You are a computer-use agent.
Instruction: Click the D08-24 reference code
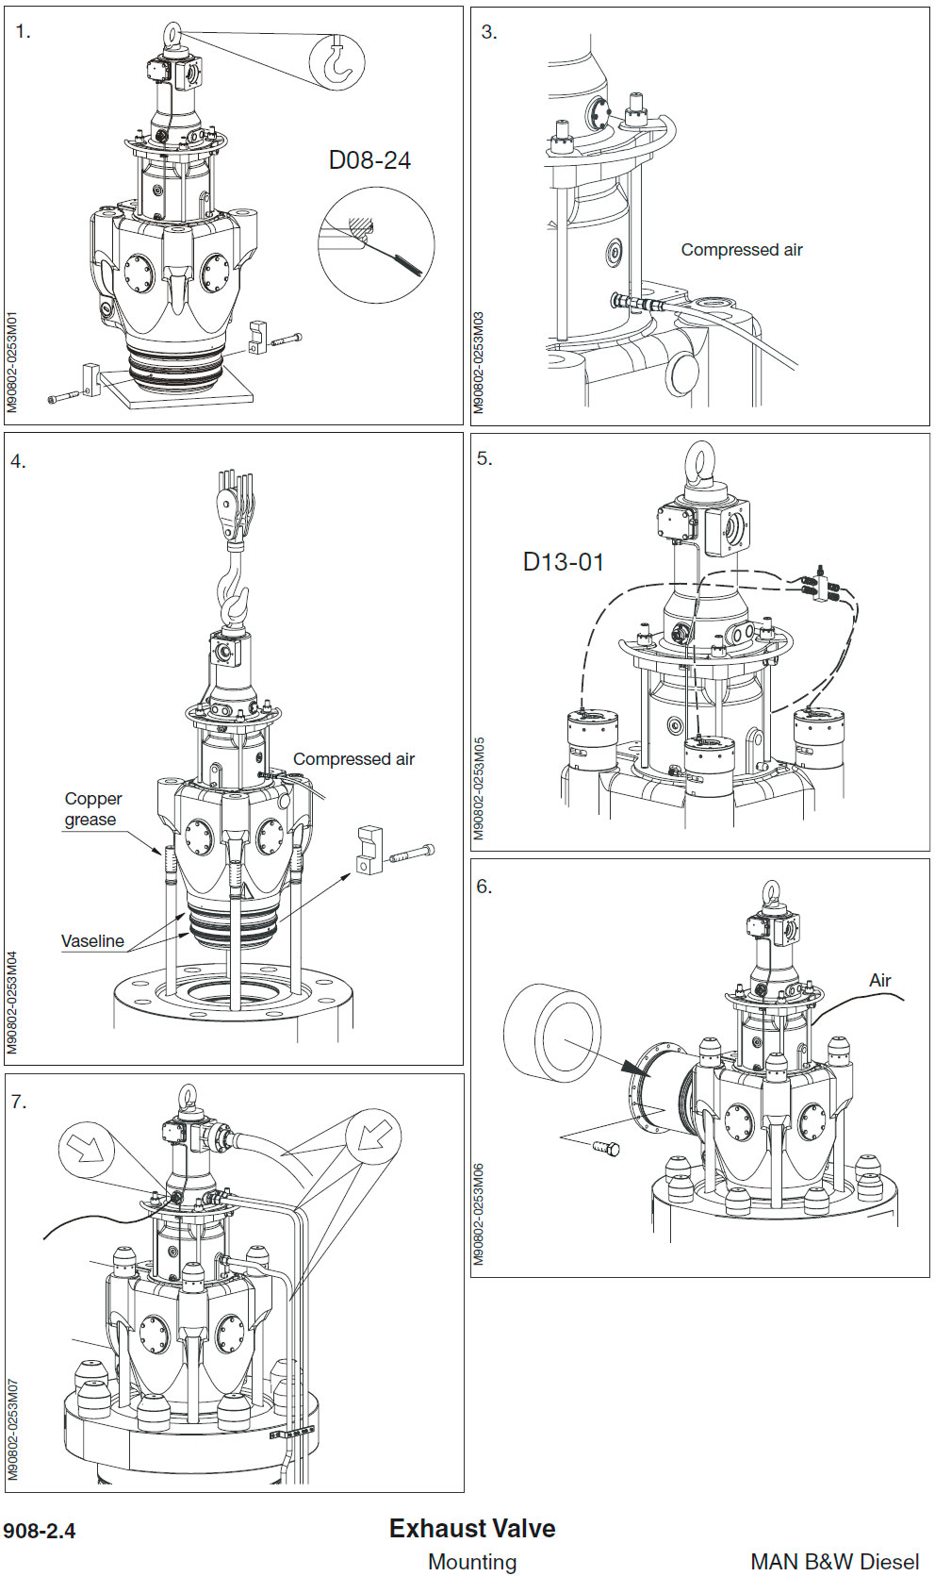[369, 160]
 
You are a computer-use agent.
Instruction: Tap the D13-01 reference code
[563, 562]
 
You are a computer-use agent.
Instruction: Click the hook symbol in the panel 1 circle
[338, 61]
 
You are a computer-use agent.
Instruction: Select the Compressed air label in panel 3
[742, 250]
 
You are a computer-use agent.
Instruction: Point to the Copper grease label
[92, 809]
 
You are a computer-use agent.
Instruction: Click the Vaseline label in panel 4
[92, 941]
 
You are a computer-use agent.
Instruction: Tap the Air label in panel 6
[879, 981]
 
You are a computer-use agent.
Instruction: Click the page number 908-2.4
[40, 1531]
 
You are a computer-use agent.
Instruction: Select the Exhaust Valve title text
[471, 1529]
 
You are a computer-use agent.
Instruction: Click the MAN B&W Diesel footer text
[834, 1562]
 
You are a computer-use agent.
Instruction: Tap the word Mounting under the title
[471, 1562]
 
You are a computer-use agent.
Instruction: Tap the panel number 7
[18, 1102]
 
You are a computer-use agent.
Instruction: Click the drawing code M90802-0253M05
[479, 788]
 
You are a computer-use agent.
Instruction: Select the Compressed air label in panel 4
[353, 759]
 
